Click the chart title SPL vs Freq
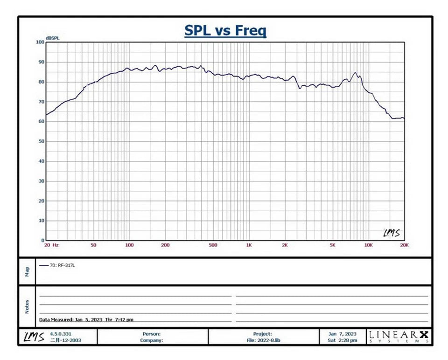click(x=225, y=31)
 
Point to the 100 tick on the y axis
click(x=40, y=42)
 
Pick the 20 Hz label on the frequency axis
click(x=51, y=245)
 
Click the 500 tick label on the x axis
click(x=213, y=245)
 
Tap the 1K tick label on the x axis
click(x=249, y=245)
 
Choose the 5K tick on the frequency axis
click(x=332, y=245)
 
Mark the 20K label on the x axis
click(x=404, y=245)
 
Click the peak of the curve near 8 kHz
click(x=356, y=73)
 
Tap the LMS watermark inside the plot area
click(x=391, y=233)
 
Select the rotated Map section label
click(x=28, y=270)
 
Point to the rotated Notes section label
click(x=28, y=306)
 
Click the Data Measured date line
click(x=86, y=320)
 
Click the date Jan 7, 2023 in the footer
click(x=342, y=334)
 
